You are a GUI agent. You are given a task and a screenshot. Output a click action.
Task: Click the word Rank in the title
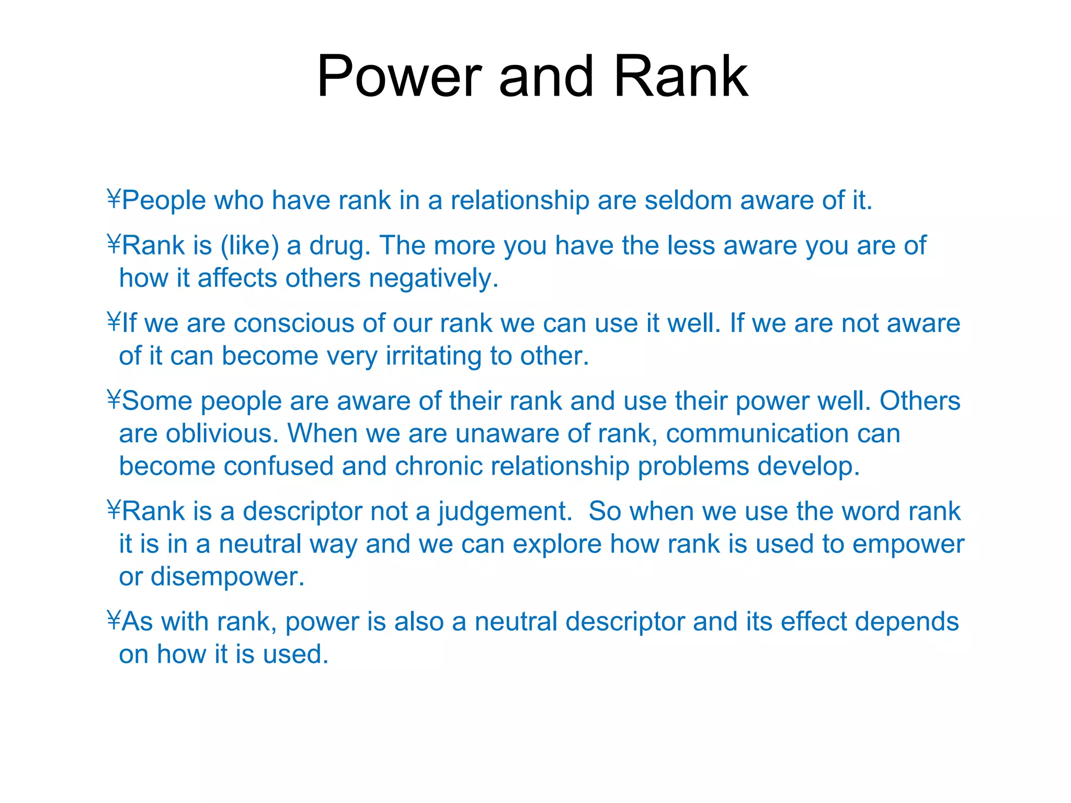[x=680, y=77]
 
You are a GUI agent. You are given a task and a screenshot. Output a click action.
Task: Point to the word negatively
[x=434, y=278]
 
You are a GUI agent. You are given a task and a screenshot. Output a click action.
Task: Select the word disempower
[x=227, y=577]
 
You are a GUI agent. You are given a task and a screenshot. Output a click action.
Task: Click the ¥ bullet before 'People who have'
[x=113, y=200]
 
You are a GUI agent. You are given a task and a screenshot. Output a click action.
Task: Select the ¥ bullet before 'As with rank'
[x=113, y=622]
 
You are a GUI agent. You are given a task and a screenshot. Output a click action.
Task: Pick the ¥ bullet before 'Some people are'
[x=113, y=401]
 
